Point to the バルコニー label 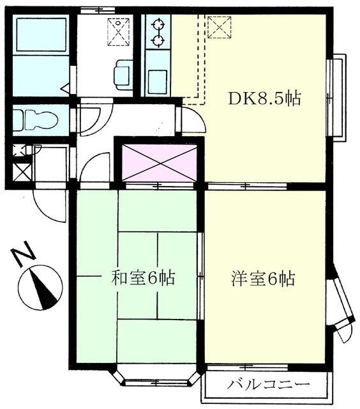[x=268, y=385]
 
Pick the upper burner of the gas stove [x=157, y=26]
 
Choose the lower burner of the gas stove [x=157, y=42]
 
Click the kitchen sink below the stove [x=157, y=81]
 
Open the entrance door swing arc [x=49, y=204]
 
